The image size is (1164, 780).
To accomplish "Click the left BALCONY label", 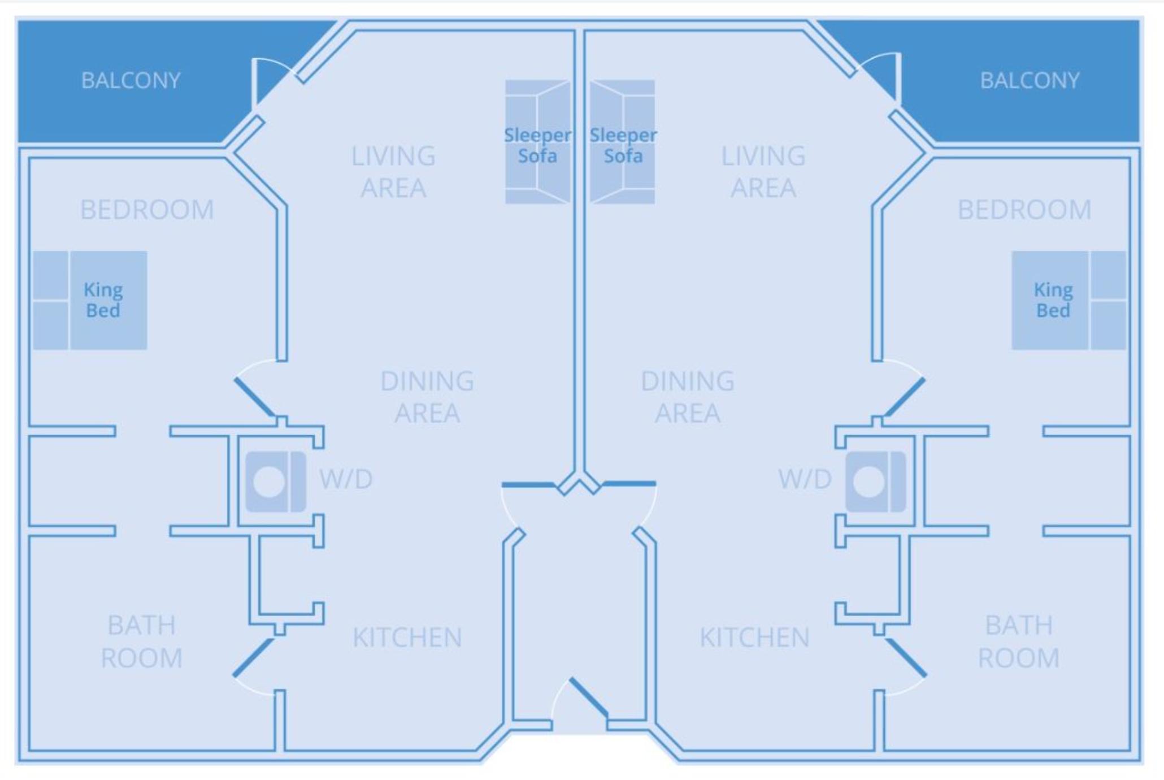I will click(x=131, y=80).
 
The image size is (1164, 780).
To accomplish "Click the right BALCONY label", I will click(x=1030, y=80).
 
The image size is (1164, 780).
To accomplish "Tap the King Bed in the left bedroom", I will click(x=90, y=300).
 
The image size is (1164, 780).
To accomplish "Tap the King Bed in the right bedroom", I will click(x=1068, y=300).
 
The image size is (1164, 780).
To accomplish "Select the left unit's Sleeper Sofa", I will click(x=537, y=142).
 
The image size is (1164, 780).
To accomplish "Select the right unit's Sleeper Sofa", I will click(x=622, y=142).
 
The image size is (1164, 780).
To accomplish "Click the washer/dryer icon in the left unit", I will click(x=276, y=482).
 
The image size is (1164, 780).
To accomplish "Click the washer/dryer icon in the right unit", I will click(x=875, y=482).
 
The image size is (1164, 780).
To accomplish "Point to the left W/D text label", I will click(x=346, y=479).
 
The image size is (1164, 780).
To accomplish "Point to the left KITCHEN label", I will click(x=407, y=638).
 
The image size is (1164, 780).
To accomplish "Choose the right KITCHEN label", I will click(x=754, y=638).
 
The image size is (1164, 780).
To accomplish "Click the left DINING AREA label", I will click(x=427, y=397).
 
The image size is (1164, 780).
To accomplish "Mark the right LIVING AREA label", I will click(x=763, y=172).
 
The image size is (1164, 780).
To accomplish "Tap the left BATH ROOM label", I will click(x=141, y=642).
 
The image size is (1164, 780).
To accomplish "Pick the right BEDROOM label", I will click(x=1024, y=210).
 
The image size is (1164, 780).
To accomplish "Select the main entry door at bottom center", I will click(x=588, y=697).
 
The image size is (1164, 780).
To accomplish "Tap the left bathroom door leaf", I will click(x=253, y=657).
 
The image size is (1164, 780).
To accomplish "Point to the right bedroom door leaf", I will click(x=905, y=397).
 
